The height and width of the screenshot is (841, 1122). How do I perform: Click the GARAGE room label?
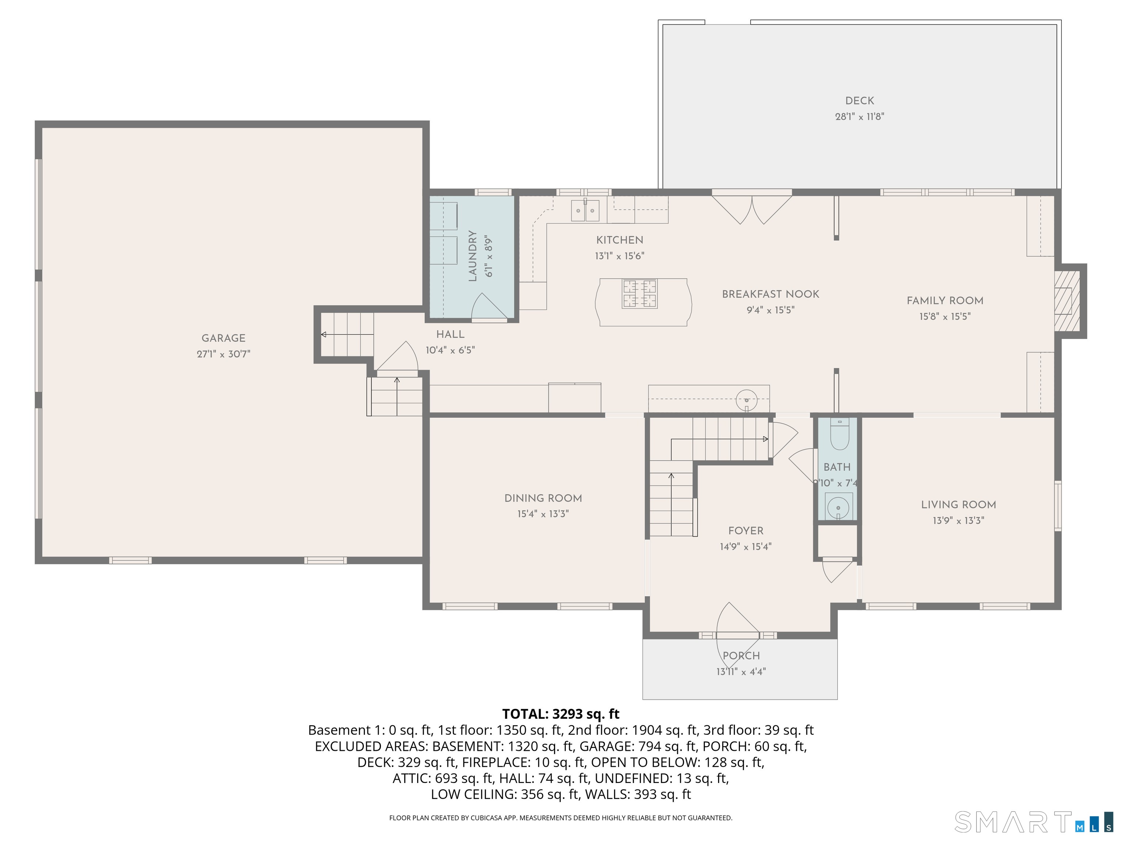(x=223, y=338)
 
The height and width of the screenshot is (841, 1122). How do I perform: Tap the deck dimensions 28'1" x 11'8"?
(x=859, y=116)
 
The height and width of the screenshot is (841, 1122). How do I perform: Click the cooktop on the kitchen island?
(x=640, y=293)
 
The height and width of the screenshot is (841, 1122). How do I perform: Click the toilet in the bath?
(x=839, y=435)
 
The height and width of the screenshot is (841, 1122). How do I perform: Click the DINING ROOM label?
(x=543, y=498)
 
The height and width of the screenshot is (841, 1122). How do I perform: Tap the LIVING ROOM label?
(x=958, y=504)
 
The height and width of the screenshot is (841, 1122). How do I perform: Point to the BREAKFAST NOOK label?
(x=770, y=294)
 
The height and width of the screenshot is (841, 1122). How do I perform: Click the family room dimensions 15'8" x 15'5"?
(x=944, y=316)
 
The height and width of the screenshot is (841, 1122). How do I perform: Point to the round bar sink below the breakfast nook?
(x=746, y=399)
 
